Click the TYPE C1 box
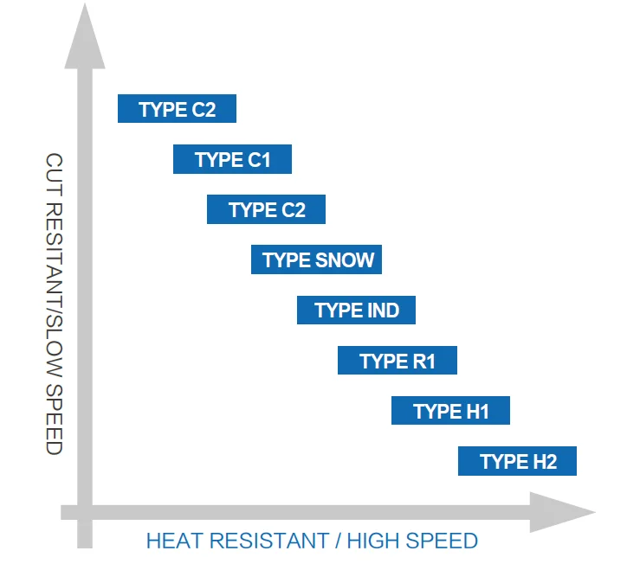(x=232, y=160)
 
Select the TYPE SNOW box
(x=316, y=259)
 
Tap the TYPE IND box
(x=356, y=310)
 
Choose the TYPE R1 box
(x=397, y=361)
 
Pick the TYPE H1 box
(x=450, y=411)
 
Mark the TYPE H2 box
(x=517, y=461)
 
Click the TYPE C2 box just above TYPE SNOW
(x=266, y=210)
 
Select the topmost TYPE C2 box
(x=177, y=109)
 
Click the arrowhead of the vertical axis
(x=83, y=35)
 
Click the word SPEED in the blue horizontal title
(x=445, y=541)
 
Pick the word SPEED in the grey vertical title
(x=54, y=424)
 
